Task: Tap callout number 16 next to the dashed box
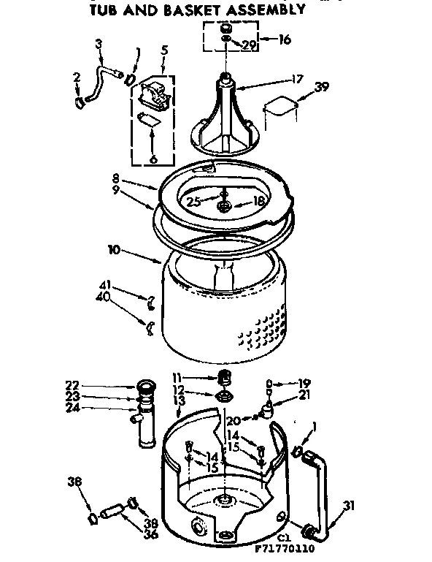[x=284, y=39]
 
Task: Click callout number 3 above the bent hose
[x=99, y=43]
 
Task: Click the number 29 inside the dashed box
[x=250, y=45]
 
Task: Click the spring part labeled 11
[x=225, y=378]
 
